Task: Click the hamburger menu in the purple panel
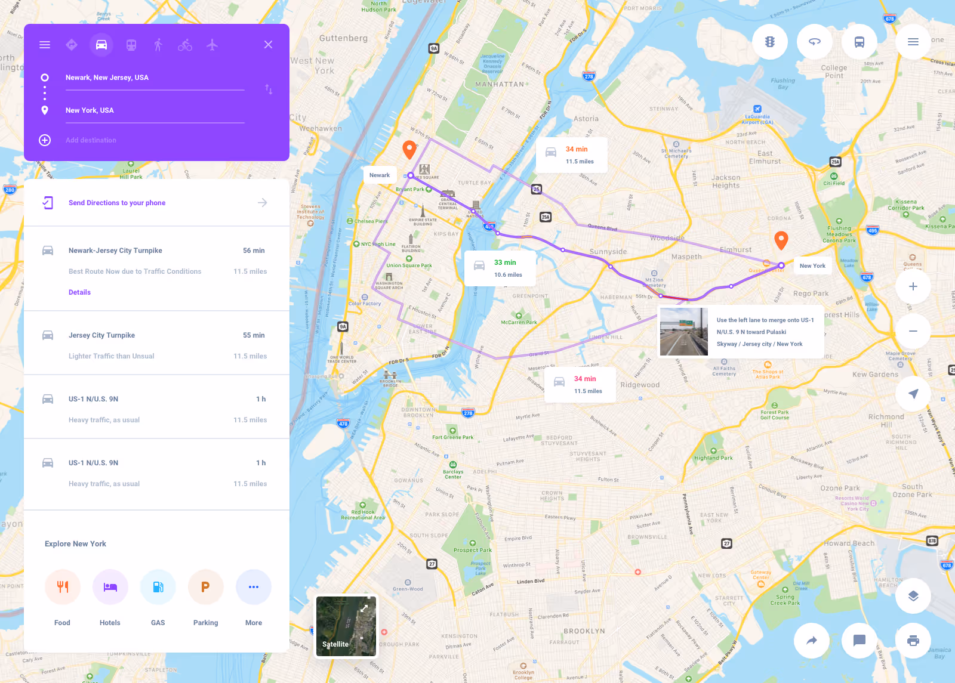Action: pyautogui.click(x=45, y=45)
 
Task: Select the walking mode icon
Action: pyautogui.click(x=158, y=45)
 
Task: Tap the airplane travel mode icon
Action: pyautogui.click(x=212, y=45)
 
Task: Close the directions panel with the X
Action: pyautogui.click(x=269, y=45)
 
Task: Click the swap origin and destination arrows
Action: pyautogui.click(x=269, y=89)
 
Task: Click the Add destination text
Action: pyautogui.click(x=91, y=140)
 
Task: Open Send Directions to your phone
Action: pyautogui.click(x=117, y=203)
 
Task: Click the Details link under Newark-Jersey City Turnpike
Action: pyautogui.click(x=79, y=292)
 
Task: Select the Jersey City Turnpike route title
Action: pyautogui.click(x=101, y=335)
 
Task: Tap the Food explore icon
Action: pyautogui.click(x=63, y=587)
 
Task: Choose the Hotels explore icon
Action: pyautogui.click(x=110, y=587)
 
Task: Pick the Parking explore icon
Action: pyautogui.click(x=206, y=587)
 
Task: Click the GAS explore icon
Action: pyautogui.click(x=158, y=587)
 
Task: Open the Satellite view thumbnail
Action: pyautogui.click(x=346, y=626)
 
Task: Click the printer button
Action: pyautogui.click(x=913, y=641)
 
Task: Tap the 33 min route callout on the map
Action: pyautogui.click(x=500, y=268)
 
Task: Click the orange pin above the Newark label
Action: pyautogui.click(x=409, y=149)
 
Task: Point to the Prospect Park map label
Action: pyautogui.click(x=473, y=550)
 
